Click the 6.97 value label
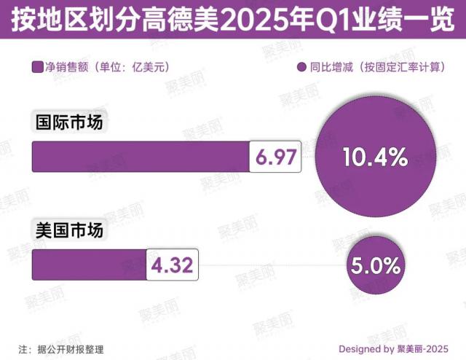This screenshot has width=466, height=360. click(275, 157)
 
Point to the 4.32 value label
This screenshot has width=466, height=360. click(173, 265)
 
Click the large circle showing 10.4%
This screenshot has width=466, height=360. click(374, 156)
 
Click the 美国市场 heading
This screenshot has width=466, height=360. click(70, 230)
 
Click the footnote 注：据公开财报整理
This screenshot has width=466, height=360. click(61, 348)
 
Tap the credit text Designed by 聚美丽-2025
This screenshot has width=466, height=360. click(394, 348)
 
